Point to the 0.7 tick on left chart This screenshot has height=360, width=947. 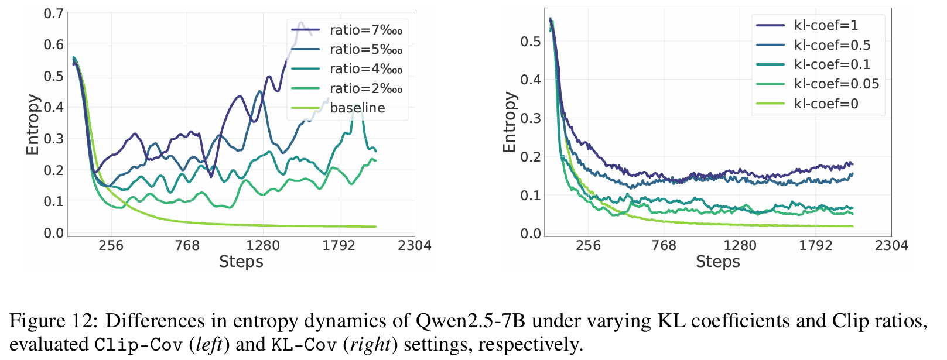[53, 13]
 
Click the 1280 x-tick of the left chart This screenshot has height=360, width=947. [263, 245]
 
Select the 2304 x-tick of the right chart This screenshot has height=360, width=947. [891, 245]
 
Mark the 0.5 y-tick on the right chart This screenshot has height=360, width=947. [531, 42]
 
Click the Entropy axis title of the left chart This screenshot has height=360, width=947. [33, 124]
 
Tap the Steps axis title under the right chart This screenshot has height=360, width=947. [717, 262]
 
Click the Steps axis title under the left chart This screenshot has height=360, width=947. [241, 262]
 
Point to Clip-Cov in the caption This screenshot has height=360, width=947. [138, 344]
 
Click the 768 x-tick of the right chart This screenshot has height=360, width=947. [664, 245]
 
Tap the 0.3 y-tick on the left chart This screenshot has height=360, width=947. [53, 139]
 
